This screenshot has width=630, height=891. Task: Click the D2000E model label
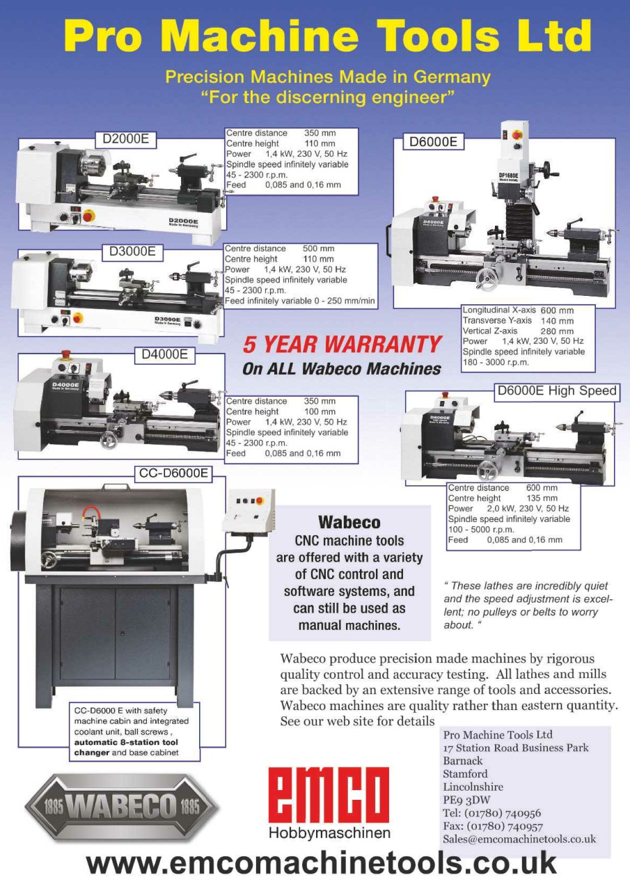coord(125,139)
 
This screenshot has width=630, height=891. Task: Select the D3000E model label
coord(132,251)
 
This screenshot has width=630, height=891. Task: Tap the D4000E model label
coord(164,355)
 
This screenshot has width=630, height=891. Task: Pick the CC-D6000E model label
coord(173,473)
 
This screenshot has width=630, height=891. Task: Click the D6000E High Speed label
coord(557,391)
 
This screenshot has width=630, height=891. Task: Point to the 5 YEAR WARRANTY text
coord(342,344)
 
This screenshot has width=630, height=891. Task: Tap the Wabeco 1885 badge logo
coord(122,807)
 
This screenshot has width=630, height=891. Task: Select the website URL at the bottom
coord(321,863)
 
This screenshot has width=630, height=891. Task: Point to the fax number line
coord(492,826)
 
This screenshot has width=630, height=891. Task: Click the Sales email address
coord(519,839)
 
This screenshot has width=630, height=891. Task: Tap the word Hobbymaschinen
coord(329,833)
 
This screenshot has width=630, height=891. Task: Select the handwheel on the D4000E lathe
coord(108,441)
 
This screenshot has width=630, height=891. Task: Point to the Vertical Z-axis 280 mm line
coord(518,331)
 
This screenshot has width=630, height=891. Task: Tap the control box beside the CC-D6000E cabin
coord(251,510)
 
